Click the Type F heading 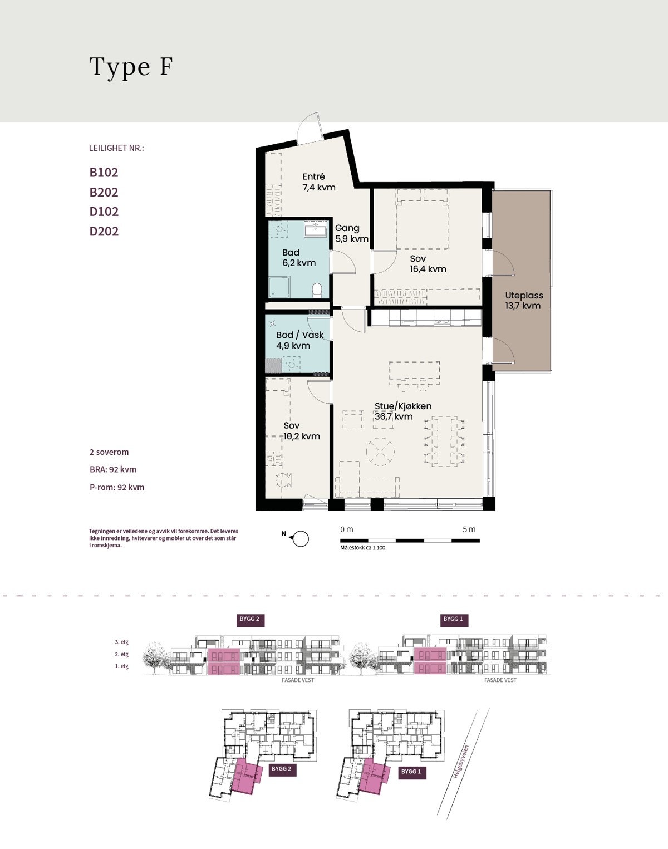(x=131, y=67)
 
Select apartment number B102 (x=104, y=173)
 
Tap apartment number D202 (x=104, y=231)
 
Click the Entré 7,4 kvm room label (x=319, y=182)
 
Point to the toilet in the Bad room (x=317, y=291)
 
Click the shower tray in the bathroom (x=279, y=287)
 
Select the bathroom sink (x=316, y=229)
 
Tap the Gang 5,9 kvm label (x=352, y=233)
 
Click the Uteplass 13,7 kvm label (x=524, y=300)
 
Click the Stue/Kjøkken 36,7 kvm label (x=403, y=411)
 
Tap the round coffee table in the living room (x=380, y=452)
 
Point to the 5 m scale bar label (x=469, y=529)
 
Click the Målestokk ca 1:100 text (x=362, y=548)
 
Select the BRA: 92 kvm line (x=113, y=469)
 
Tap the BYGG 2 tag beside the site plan (x=282, y=769)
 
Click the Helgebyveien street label (x=460, y=762)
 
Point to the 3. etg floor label (x=121, y=642)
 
